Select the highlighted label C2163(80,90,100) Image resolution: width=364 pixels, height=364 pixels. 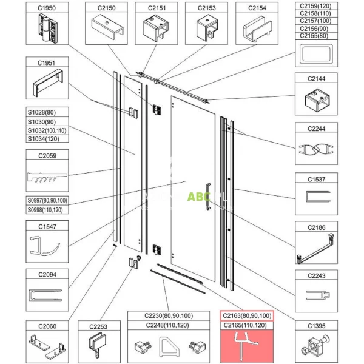[x=245, y=315]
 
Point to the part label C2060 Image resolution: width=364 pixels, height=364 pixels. [x=47, y=326]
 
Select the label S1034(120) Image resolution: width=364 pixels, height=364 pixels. [x=47, y=139]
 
